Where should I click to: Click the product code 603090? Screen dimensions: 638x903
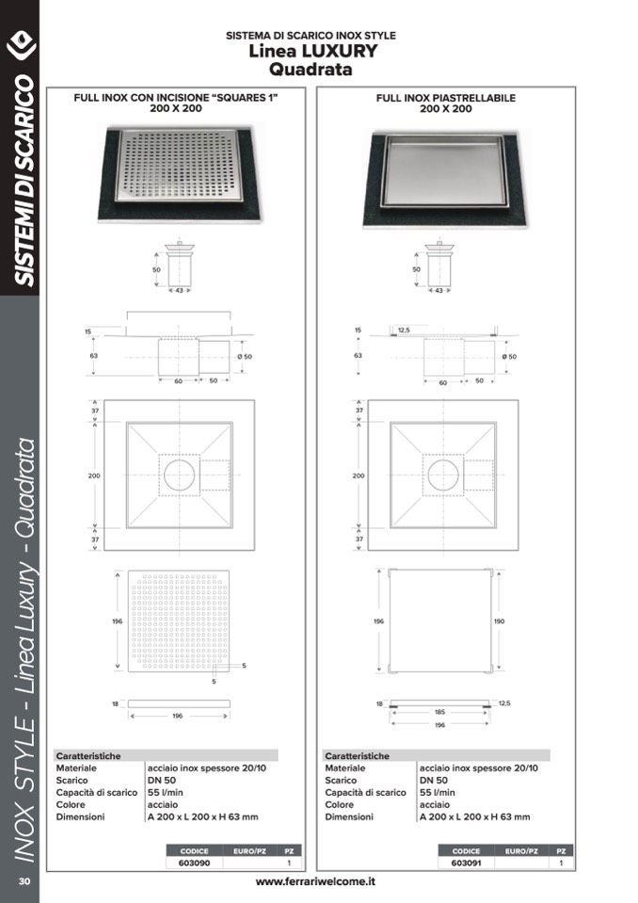coord(194,863)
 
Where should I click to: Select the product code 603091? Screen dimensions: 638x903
coord(466,863)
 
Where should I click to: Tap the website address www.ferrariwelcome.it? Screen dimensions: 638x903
coord(315,881)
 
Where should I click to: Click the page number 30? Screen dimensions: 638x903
coord(24,881)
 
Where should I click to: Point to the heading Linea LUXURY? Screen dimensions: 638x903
coord(313,51)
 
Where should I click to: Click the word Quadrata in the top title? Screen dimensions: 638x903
coord(311,70)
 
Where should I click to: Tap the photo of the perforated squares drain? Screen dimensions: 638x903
coord(180,172)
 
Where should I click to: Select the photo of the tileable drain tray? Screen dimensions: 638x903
coord(446,177)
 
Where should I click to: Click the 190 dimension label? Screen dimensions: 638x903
coord(499,621)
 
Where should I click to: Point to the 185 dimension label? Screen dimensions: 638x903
coord(439,712)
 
